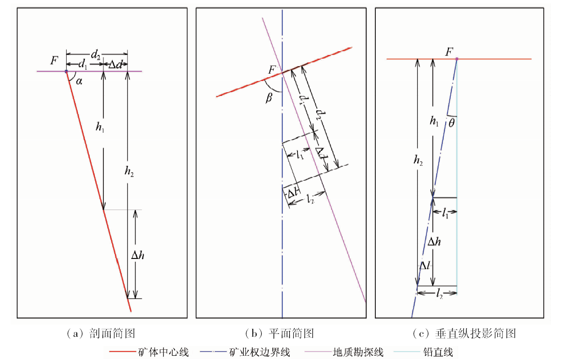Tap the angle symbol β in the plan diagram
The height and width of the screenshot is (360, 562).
pos(269,98)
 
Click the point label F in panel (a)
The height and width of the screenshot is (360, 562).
pos(55,60)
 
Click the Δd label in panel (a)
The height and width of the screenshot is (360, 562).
pos(115,65)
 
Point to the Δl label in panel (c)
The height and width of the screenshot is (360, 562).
pos(424,266)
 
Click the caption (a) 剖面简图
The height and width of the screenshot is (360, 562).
pos(101,333)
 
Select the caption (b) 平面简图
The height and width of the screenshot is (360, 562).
pos(279,333)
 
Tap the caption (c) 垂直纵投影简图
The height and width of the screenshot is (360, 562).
pos(464,333)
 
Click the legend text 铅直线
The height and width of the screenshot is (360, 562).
pos(441,352)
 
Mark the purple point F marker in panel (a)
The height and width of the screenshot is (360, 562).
pos(66,72)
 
